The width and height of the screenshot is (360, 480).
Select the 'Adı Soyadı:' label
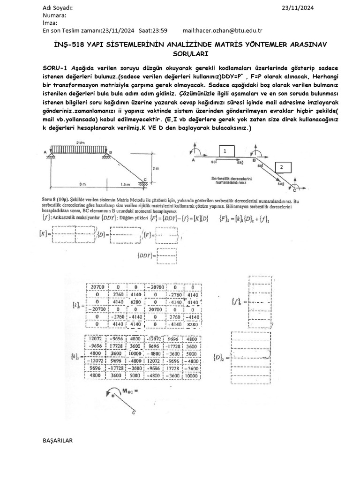[58, 8]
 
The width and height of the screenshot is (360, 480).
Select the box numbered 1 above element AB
[225, 150]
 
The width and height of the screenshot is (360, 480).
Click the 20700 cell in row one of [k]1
[97, 286]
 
